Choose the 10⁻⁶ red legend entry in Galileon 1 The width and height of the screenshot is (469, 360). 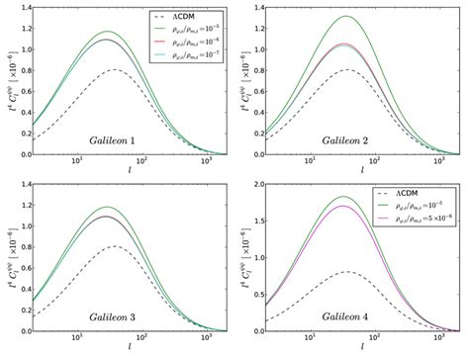click(194, 45)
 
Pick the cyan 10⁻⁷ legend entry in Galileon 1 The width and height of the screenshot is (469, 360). click(194, 59)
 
